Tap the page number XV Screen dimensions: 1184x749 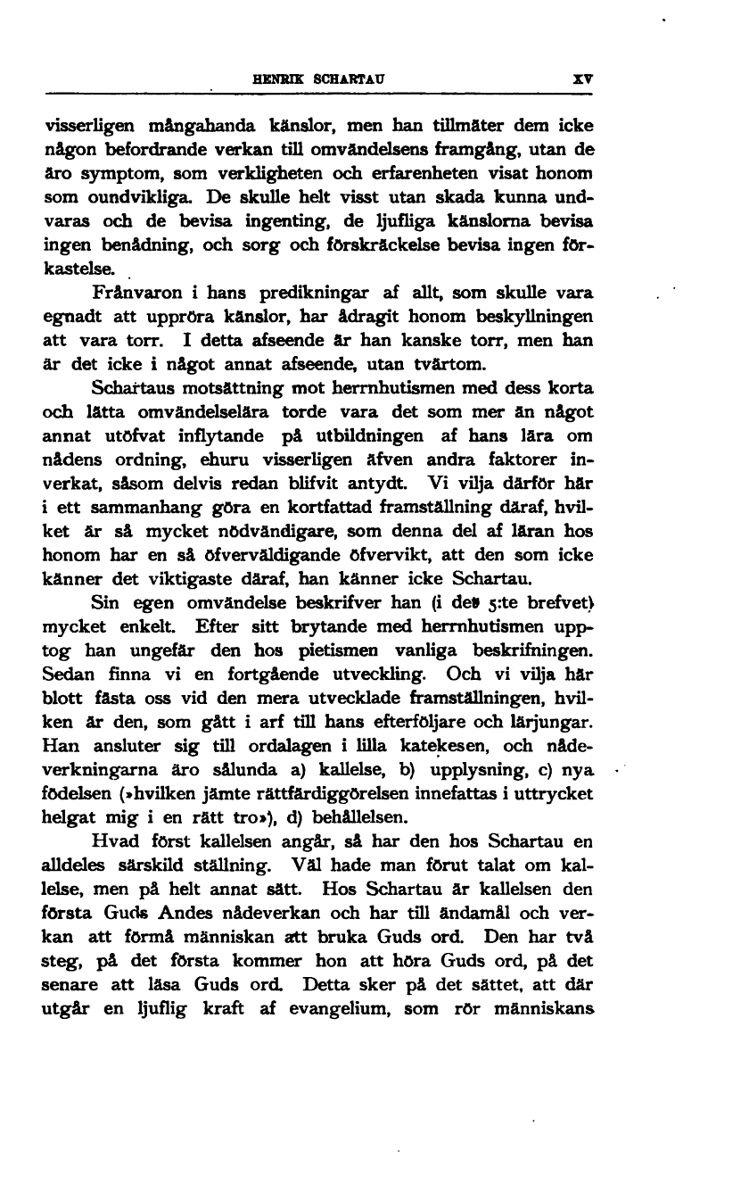click(x=582, y=78)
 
